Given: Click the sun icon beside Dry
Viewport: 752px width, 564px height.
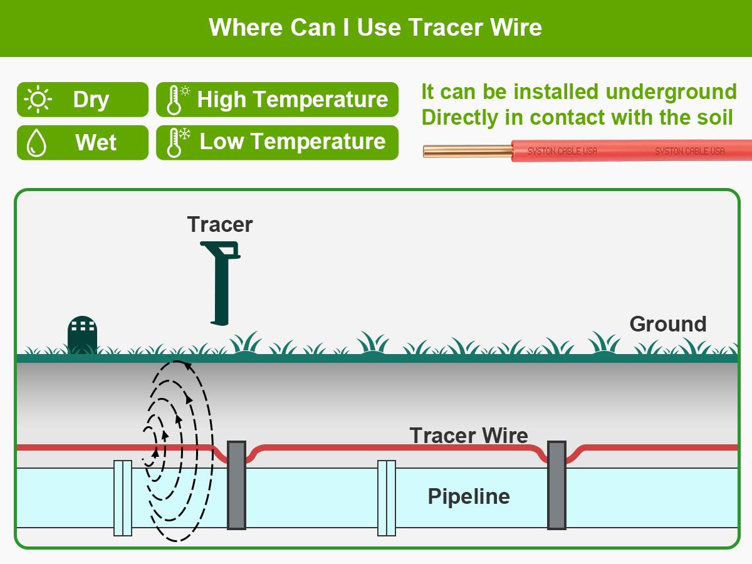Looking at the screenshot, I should coord(38,100).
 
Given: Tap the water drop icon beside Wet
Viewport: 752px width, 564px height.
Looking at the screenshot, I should coord(37,143).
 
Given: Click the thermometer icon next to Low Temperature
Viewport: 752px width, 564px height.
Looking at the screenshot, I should coord(176,142).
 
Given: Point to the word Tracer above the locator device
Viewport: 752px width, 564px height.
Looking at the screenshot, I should coord(219,224).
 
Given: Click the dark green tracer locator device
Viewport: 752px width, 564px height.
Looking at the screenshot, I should coord(221,282).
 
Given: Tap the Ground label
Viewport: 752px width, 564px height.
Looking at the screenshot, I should coord(667,324).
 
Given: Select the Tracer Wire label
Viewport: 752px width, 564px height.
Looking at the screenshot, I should coord(468,435).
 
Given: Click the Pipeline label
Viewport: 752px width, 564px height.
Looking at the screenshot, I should coord(468,496).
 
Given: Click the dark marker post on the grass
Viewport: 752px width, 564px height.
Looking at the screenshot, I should coord(82,335).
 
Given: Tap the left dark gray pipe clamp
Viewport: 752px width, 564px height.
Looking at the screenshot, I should coord(236,485).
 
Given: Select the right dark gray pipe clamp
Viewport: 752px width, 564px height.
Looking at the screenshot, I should coord(556,485).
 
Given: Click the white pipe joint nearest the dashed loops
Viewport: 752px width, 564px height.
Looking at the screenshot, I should coord(123,498).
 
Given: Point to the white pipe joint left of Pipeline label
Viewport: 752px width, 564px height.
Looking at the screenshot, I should coord(387,498).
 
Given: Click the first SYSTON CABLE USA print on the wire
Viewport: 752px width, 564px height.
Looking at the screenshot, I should coord(562,151).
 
